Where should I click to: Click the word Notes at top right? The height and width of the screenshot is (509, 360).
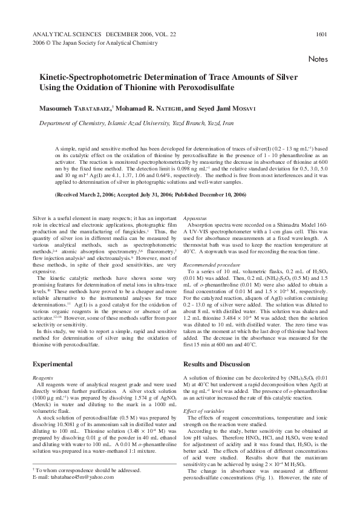[318, 59]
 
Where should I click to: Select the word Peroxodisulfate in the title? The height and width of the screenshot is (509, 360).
[199, 88]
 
